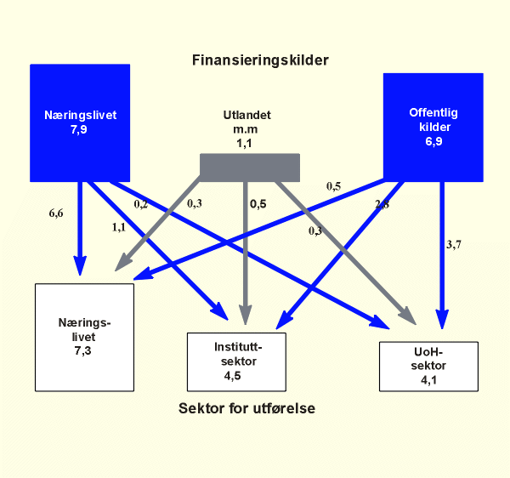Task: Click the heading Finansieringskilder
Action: [260, 60]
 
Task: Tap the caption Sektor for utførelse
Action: [247, 408]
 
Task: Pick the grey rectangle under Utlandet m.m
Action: [249, 167]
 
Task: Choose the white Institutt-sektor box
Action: [237, 361]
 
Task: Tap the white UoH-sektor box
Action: [428, 367]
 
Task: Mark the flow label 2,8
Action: [382, 204]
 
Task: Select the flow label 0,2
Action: [142, 204]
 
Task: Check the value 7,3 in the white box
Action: [82, 350]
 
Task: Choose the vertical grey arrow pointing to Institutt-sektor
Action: [246, 255]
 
